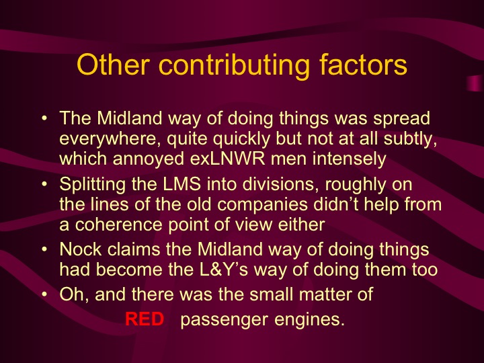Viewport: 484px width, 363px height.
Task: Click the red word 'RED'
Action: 145,320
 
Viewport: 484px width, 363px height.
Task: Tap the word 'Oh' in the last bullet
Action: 70,293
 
